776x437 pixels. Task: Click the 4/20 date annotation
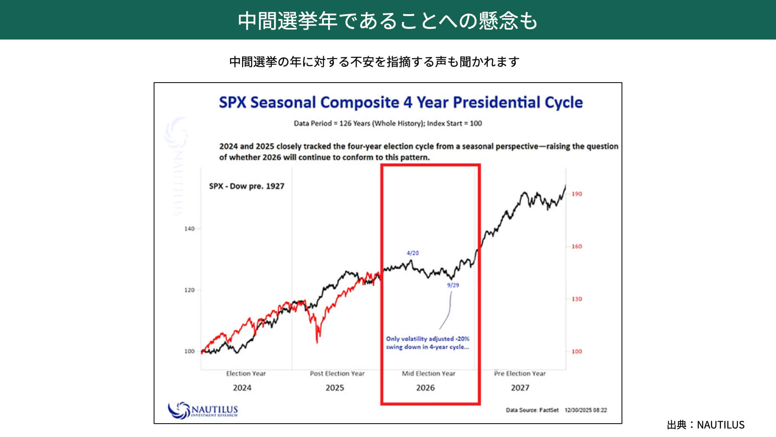[x=413, y=253]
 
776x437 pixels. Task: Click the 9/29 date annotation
[x=453, y=285]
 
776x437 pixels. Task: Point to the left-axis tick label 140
[x=189, y=229]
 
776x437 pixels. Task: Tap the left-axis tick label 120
[x=189, y=290]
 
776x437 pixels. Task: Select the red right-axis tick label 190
[x=576, y=194]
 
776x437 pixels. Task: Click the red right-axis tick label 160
[x=576, y=246]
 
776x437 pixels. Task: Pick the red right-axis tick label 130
[x=576, y=299]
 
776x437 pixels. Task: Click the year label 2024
[x=242, y=388]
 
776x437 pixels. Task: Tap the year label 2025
[x=335, y=388]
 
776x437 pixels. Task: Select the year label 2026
[x=425, y=388]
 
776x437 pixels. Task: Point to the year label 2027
[x=520, y=388]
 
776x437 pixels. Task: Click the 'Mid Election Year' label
[x=428, y=373]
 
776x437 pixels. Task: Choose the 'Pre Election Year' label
[x=520, y=373]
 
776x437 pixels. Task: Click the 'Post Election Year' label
[x=337, y=373]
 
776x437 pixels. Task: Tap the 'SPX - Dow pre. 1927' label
[x=247, y=186]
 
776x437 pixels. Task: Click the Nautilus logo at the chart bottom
[x=203, y=410]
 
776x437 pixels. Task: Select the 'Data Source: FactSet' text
[x=532, y=410]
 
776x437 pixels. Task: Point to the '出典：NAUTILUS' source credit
[x=705, y=424]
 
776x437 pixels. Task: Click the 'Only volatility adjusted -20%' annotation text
[x=428, y=339]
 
